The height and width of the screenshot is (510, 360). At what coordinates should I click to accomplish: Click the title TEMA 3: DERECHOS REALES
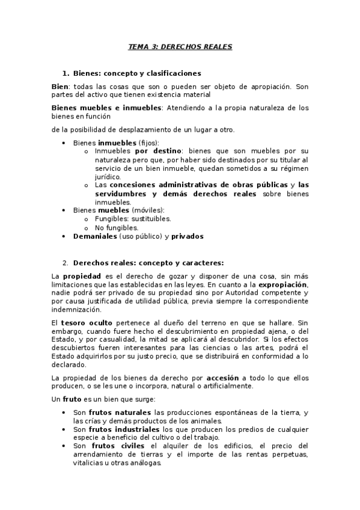[180, 46]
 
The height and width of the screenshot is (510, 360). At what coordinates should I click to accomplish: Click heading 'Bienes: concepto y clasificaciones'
[136, 73]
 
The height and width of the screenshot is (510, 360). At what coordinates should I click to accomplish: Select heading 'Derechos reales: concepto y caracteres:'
[148, 262]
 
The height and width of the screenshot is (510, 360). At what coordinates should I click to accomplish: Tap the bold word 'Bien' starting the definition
[60, 87]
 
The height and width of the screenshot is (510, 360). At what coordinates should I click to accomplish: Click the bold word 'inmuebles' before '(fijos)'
[117, 143]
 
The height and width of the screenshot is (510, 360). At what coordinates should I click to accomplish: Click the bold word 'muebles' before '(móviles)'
[109, 210]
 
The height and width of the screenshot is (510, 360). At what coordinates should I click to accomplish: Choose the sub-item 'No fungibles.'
[117, 228]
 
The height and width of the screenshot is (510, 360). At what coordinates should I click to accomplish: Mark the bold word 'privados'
[188, 236]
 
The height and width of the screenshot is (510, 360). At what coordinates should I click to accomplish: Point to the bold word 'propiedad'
[82, 275]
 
